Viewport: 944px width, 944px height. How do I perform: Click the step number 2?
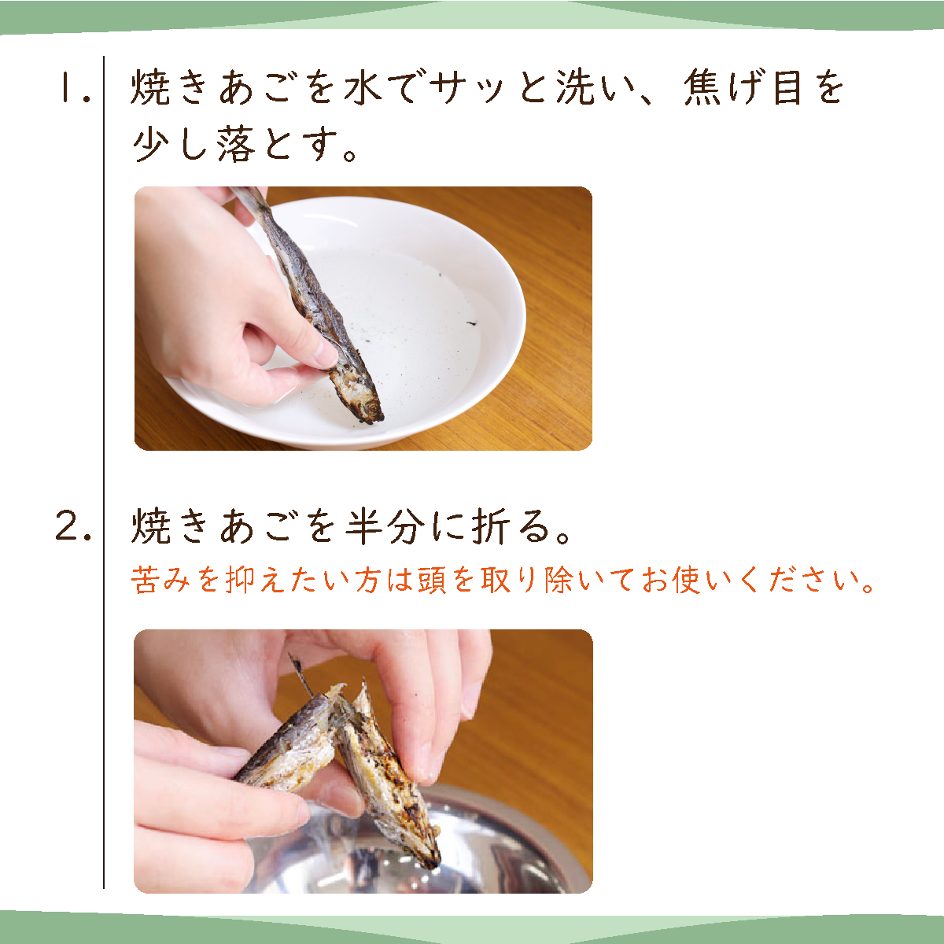coord(74,527)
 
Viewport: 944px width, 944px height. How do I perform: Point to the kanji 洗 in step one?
coord(574,87)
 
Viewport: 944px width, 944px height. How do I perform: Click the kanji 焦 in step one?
coord(702,87)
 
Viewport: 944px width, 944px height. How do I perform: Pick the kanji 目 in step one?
coord(787,87)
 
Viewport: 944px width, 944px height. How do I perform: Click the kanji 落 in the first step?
coord(237,146)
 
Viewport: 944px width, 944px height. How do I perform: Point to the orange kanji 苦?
coord(145,580)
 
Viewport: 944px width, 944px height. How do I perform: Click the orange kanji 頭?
coord(432,580)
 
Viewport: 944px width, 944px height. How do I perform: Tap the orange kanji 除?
coord(558,580)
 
